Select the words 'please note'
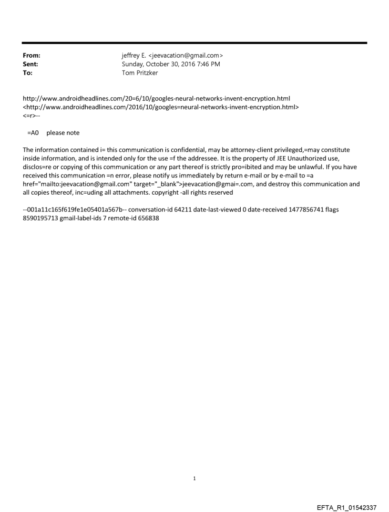point(63,133)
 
